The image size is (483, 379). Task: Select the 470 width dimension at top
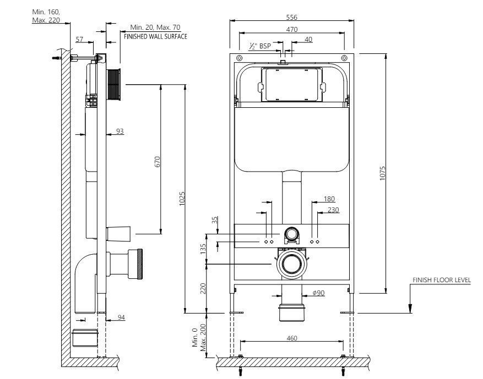click(292, 29)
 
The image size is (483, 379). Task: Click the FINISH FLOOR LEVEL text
click(442, 280)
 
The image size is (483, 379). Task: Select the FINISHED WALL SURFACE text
click(155, 36)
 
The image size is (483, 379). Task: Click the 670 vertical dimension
click(157, 161)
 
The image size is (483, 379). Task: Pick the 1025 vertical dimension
click(182, 199)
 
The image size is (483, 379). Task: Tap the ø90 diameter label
click(318, 293)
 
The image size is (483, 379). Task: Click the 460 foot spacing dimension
click(292, 338)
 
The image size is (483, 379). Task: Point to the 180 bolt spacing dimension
click(329, 199)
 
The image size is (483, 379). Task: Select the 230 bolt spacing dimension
click(333, 210)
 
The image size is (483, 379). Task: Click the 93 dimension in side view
click(120, 131)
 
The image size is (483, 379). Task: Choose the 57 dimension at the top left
click(79, 39)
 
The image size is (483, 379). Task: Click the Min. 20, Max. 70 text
click(155, 27)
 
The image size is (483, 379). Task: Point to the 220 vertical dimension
click(203, 288)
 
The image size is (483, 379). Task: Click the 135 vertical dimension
click(203, 248)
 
